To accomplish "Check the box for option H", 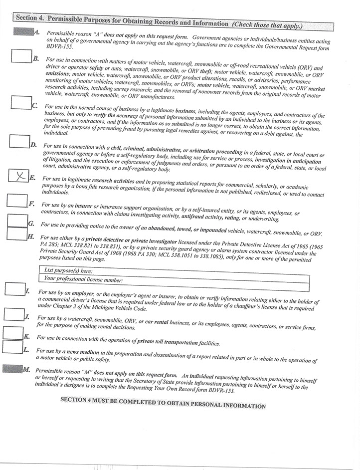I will coord(17,234).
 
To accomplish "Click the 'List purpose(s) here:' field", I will coord(175,270).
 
